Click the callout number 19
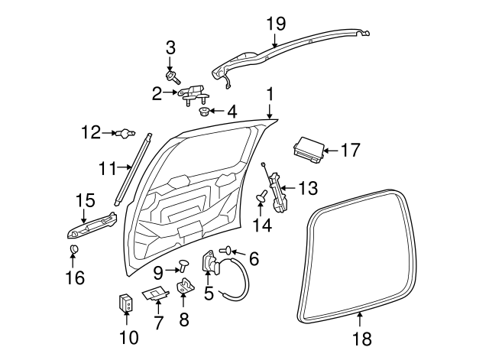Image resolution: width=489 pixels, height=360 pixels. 274,24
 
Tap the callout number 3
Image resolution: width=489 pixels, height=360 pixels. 170,47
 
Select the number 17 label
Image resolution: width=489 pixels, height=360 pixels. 349,151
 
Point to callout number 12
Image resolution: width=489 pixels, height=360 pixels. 90,133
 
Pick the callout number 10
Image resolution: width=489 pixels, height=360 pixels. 127,336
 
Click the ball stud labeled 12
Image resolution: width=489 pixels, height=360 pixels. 122,134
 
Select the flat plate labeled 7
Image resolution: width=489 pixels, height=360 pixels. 157,294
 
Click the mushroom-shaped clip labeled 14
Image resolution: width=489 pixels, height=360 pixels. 261,198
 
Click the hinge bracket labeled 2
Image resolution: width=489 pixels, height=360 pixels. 193,93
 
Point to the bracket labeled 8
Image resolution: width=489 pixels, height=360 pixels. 184,290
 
